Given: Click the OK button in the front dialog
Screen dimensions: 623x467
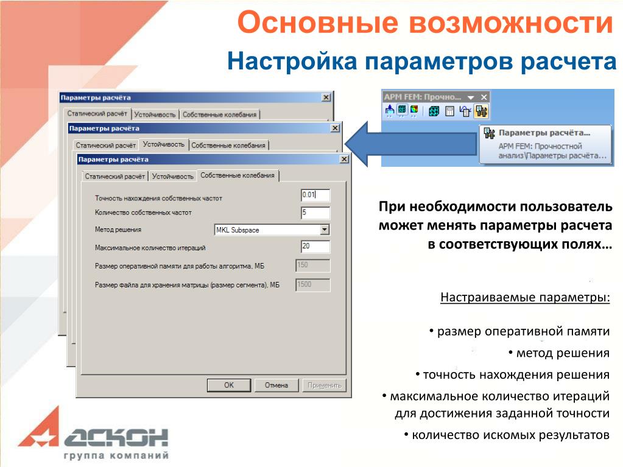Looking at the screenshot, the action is tap(229, 385).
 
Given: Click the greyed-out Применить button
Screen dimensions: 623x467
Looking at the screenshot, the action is tap(324, 385).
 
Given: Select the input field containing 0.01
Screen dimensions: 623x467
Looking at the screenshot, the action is tap(315, 195).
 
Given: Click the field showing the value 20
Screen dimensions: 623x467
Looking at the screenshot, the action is tap(315, 247).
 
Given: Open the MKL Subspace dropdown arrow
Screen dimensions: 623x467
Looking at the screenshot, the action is tap(325, 230).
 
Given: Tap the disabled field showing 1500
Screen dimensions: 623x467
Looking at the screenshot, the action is tap(313, 284).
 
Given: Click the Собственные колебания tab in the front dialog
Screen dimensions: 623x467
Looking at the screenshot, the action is tap(238, 175).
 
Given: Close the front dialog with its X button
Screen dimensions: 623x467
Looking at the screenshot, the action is tap(344, 160).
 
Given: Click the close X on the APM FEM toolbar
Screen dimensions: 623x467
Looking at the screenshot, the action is tap(484, 97).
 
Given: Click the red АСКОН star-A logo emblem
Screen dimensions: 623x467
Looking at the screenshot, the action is tap(39, 429).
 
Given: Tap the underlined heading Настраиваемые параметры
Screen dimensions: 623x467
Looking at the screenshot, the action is tap(525, 297).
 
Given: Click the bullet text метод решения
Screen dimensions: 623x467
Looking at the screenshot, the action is tap(563, 353).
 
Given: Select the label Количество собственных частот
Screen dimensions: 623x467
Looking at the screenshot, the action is tap(143, 213).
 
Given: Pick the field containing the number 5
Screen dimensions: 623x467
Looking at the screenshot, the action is tap(315, 213).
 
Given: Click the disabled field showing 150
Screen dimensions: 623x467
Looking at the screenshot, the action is tap(313, 265).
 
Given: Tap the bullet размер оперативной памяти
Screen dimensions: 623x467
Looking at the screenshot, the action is tap(523, 332).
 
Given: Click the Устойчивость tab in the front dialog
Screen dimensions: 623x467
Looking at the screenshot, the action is tap(173, 177).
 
